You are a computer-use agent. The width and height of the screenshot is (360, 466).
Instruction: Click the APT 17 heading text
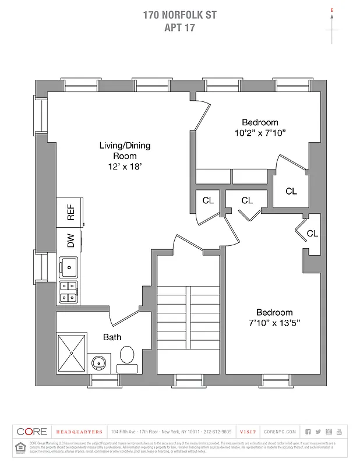pos(179,27)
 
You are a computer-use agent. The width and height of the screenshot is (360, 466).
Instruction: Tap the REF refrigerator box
pos(70,212)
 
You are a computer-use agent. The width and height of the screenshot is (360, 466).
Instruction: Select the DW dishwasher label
pos(70,241)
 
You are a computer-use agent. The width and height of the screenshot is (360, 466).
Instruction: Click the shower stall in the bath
pos(71,352)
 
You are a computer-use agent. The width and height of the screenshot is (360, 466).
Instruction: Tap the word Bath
pos(112,337)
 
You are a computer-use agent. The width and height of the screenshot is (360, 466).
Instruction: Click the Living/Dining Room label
pos(125,150)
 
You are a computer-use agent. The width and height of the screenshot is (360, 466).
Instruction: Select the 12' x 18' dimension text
pos(125,166)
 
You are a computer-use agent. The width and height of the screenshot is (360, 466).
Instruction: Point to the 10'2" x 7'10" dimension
pos(260,133)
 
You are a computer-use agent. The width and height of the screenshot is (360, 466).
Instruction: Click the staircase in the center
pos(188,326)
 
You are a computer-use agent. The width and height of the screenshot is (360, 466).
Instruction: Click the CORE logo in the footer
pos(32,432)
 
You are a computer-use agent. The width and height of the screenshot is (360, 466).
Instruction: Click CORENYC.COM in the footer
pos(280,432)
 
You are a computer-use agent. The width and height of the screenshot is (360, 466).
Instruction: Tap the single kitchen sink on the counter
pos(69,269)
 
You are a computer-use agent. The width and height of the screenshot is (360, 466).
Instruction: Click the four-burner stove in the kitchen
pos(69,292)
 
